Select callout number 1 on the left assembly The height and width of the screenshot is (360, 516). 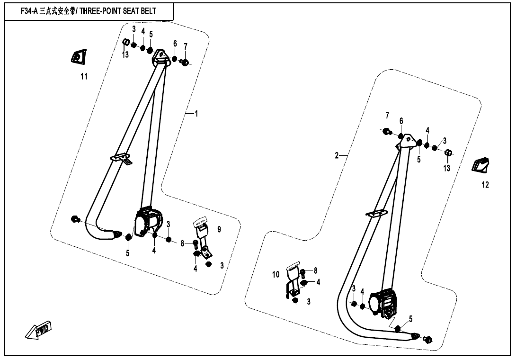[x=196, y=114]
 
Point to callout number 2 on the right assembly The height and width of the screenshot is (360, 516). [x=337, y=155]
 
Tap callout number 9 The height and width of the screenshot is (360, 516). [x=219, y=229]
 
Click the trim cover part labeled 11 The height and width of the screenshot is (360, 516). [x=78, y=57]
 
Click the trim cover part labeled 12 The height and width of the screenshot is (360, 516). [x=481, y=165]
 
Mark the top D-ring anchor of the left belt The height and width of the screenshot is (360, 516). [x=160, y=56]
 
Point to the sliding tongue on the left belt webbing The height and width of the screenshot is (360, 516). [x=121, y=157]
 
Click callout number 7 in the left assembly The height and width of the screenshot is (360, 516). [x=186, y=46]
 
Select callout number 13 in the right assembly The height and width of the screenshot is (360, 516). [x=447, y=168]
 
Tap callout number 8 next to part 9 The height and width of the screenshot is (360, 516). [x=182, y=243]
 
